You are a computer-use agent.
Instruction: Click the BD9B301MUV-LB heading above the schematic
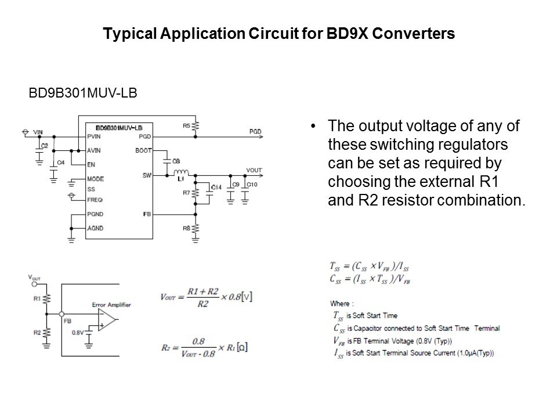[x=83, y=93]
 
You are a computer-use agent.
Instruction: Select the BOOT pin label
[x=142, y=150]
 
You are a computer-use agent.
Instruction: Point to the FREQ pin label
[x=95, y=199]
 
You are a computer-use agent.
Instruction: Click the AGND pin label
[x=95, y=228]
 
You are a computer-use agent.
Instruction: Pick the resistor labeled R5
[x=196, y=126]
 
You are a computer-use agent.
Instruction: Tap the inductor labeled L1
[x=180, y=172]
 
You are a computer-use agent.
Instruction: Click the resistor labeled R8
[x=196, y=228]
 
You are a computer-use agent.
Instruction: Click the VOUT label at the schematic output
[x=254, y=170]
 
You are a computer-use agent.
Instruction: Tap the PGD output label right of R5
[x=255, y=132]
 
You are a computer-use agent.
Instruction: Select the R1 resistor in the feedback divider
[x=47, y=299]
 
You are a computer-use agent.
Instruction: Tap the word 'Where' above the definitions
[x=341, y=303]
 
